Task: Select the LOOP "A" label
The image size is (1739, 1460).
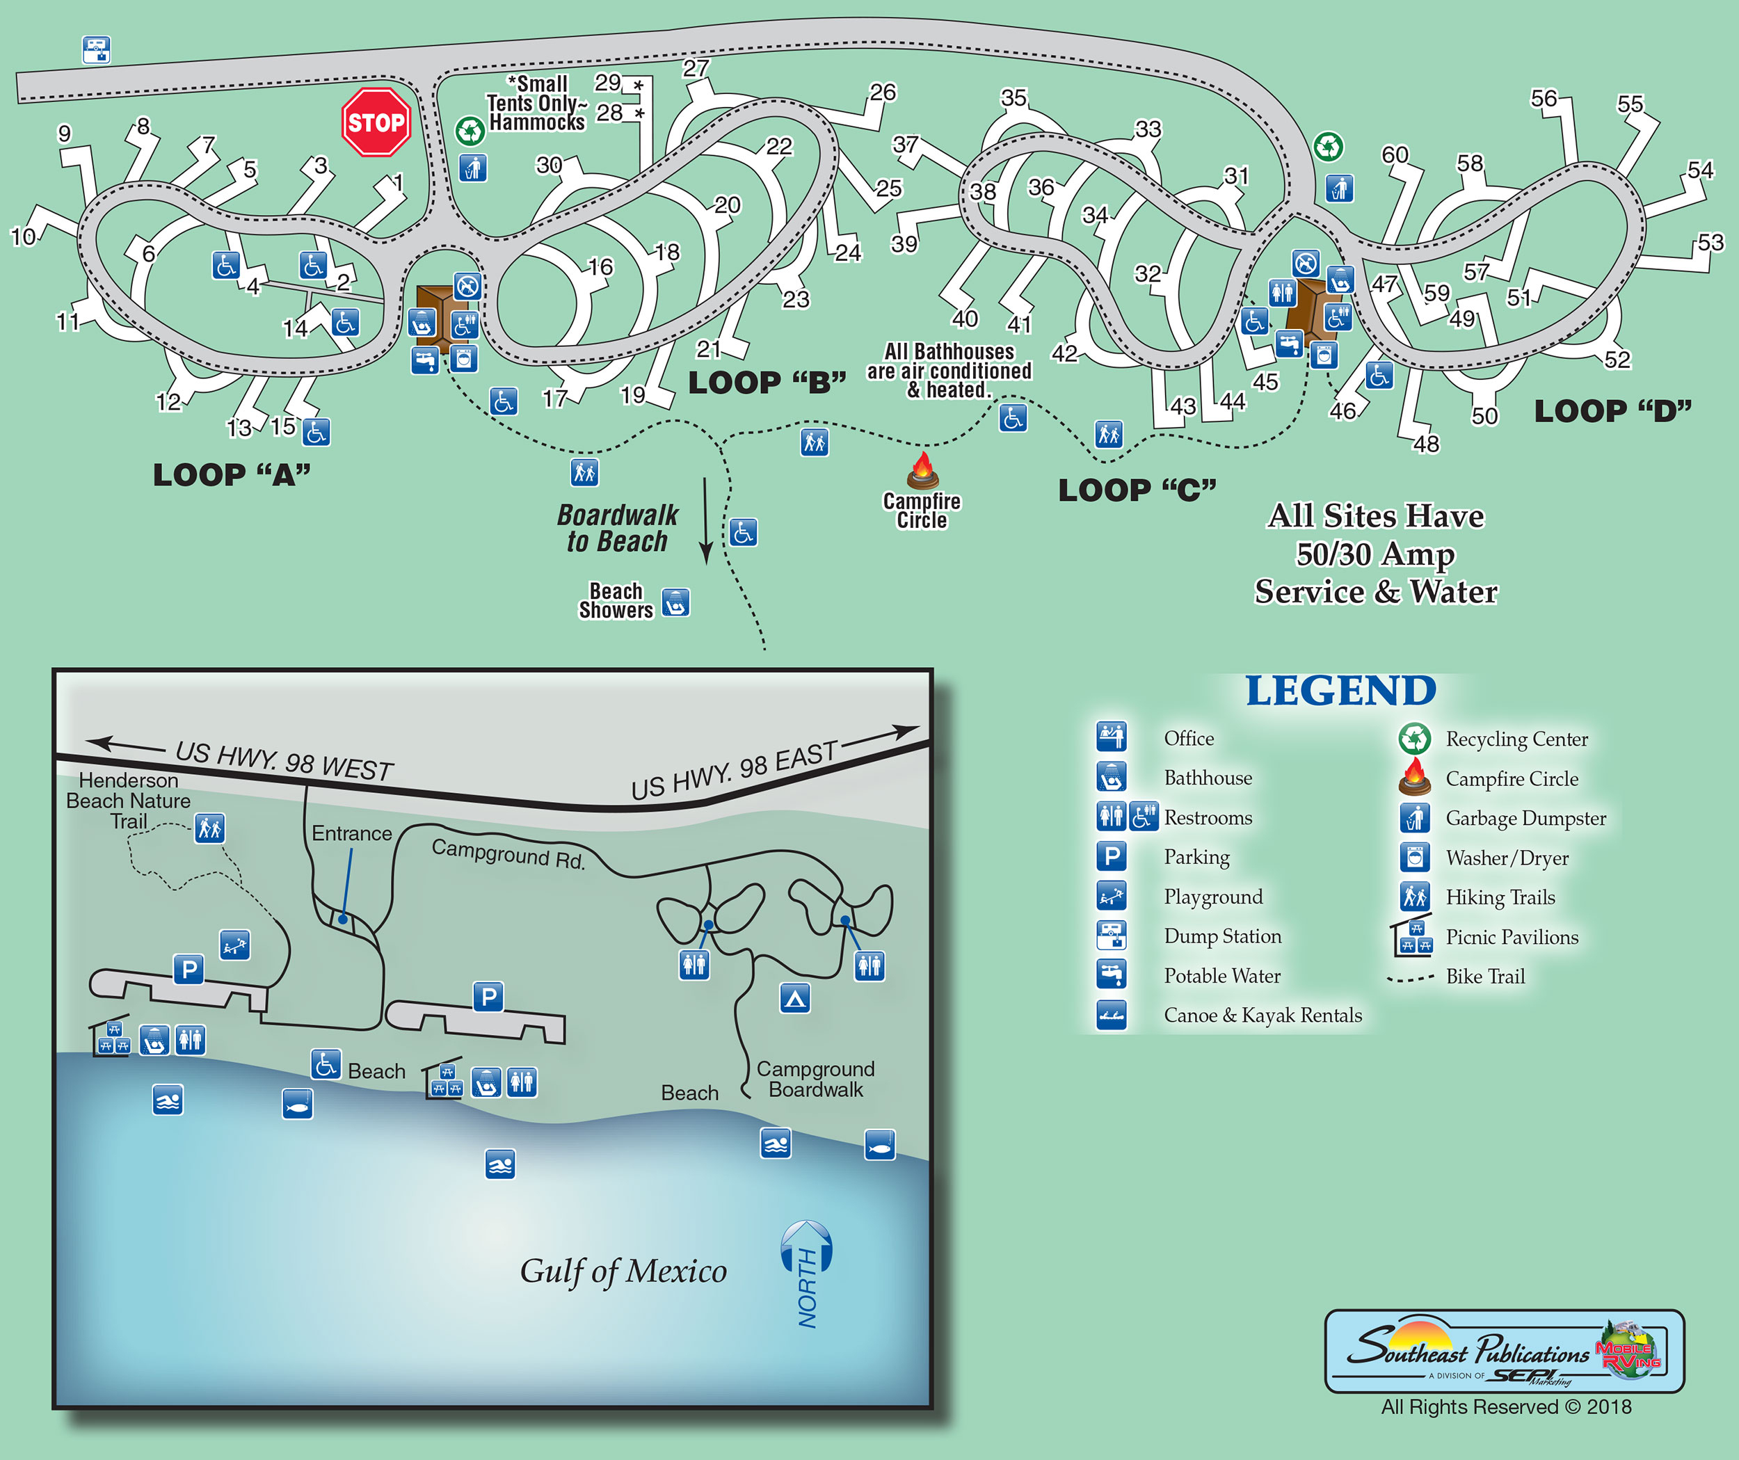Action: tap(232, 475)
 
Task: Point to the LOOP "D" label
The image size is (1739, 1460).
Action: tap(1612, 412)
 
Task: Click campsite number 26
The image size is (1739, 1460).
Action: tap(883, 92)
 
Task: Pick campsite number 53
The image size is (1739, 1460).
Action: tap(1710, 243)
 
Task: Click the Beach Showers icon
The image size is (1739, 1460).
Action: tap(675, 602)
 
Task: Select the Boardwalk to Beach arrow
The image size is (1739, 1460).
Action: tap(705, 522)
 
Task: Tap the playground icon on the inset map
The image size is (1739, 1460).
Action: tap(234, 944)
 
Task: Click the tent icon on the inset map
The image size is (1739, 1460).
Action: tap(795, 998)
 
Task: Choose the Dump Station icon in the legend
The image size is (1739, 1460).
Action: tap(1112, 936)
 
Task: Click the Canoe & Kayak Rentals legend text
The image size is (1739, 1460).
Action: tap(1262, 1016)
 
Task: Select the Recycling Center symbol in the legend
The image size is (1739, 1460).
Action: tap(1414, 738)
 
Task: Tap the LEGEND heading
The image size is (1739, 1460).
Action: tap(1340, 691)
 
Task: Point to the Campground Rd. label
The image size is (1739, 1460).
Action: tap(508, 853)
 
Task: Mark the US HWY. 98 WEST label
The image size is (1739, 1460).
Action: tap(284, 760)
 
